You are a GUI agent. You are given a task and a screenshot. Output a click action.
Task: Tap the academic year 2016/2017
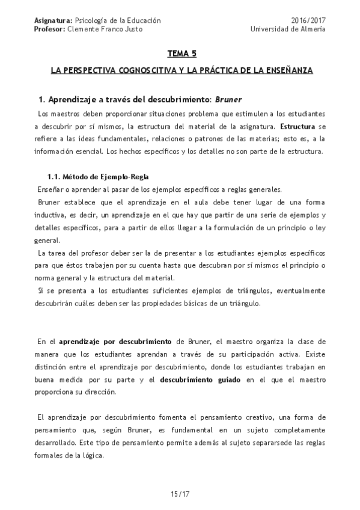308,20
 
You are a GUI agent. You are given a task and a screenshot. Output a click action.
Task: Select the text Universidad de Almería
288,29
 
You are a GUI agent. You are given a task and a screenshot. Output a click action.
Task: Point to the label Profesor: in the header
50,29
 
